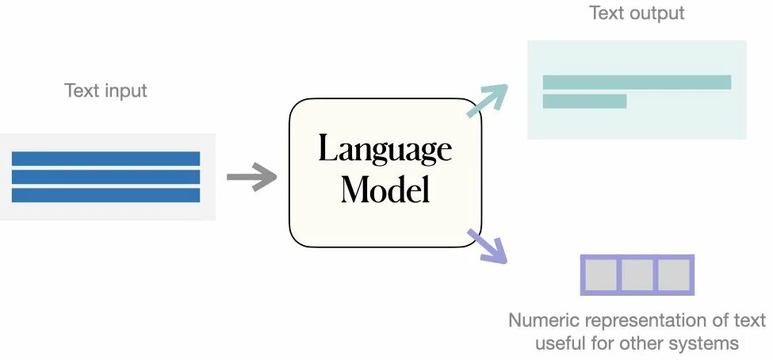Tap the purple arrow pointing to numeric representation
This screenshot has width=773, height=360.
tap(487, 246)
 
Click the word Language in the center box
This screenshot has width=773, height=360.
tap(385, 149)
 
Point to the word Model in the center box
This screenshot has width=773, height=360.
tap(385, 189)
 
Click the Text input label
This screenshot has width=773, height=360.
tap(105, 90)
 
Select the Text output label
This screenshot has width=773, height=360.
tap(637, 13)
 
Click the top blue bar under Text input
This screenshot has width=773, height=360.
tap(105, 159)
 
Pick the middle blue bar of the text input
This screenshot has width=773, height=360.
tap(105, 177)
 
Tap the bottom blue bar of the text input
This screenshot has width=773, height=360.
tap(105, 195)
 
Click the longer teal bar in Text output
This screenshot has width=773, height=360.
tap(637, 82)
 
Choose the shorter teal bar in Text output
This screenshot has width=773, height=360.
tap(584, 101)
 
